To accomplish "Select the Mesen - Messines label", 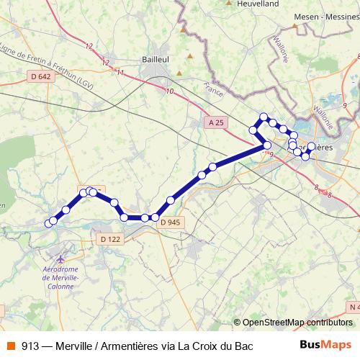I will [x=325, y=17].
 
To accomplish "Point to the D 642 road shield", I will [x=41, y=76].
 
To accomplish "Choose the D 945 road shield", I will [x=170, y=222].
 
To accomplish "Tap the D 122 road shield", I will [x=110, y=239].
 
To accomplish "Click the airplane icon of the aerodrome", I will [x=59, y=256].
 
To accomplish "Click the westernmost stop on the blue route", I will [x=49, y=223].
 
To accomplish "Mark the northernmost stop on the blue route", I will [x=264, y=117].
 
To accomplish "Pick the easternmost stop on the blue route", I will [x=311, y=145].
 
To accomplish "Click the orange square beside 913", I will [x=9, y=346].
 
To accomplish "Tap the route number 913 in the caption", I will [x=31, y=346].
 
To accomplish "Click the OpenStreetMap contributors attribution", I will [x=297, y=323].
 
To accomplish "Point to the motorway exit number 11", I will [x=120, y=73].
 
